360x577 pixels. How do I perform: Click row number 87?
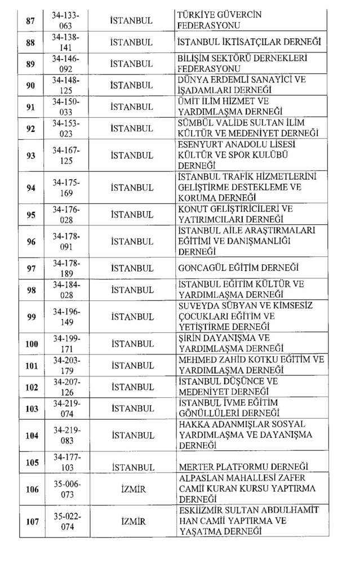coord(30,20)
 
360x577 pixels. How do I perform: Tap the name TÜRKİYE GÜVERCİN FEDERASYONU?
coord(219,20)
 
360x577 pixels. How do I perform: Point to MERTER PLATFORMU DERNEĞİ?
coord(243,467)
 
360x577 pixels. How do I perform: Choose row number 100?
coord(32,344)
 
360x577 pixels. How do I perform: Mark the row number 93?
coord(30,155)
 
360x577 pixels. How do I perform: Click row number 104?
coord(32,435)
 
